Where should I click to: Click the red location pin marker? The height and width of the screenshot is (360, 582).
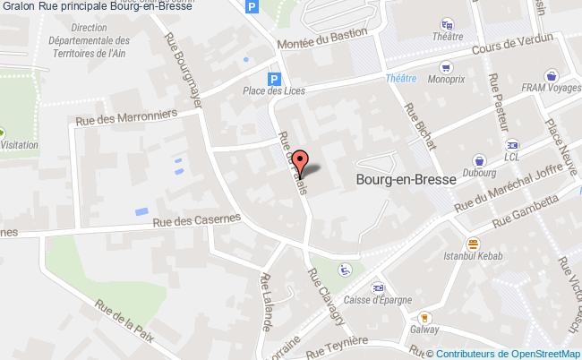pyautogui.click(x=301, y=162)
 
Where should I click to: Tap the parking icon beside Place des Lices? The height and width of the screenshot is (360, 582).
pyautogui.click(x=276, y=78)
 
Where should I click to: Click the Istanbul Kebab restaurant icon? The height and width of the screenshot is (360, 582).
pyautogui.click(x=473, y=242)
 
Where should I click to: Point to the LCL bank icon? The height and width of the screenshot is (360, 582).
pyautogui.click(x=511, y=144)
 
